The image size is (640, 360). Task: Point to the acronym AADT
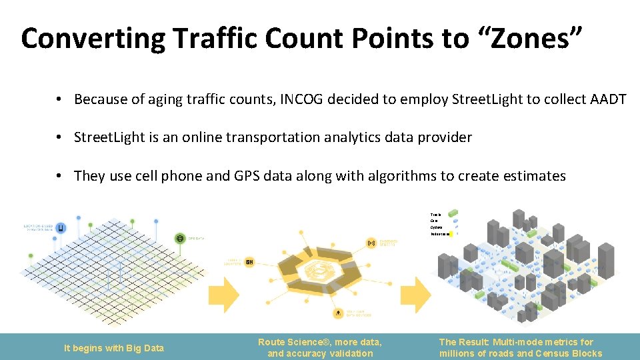click(x=608, y=99)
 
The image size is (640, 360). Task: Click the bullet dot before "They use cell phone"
click(x=59, y=176)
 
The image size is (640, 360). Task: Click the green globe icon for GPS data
click(x=180, y=238)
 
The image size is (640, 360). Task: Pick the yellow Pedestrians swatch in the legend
click(x=451, y=235)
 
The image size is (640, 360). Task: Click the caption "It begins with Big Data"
click(x=113, y=348)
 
